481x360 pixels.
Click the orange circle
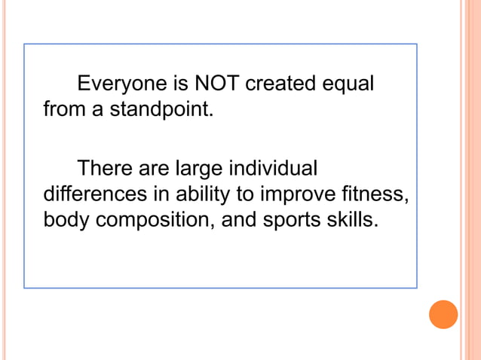pos(443,314)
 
